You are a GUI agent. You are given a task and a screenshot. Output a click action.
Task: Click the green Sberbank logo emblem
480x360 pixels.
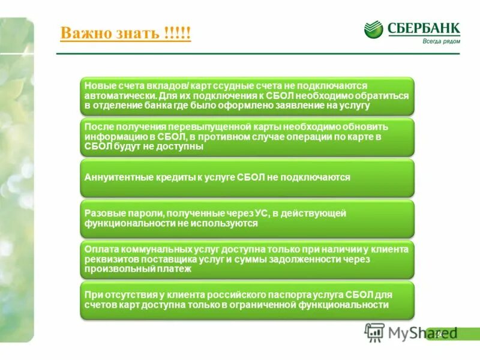click(373, 30)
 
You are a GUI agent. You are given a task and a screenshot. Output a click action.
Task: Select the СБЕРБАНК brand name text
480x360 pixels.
click(424, 28)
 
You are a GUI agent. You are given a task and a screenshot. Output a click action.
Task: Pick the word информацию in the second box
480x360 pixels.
click(112, 137)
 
